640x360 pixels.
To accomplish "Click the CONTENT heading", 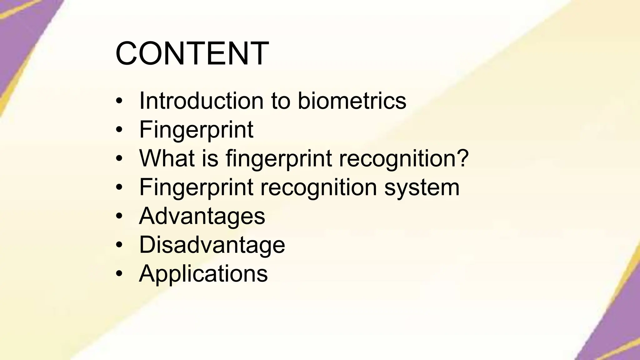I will tap(192, 54).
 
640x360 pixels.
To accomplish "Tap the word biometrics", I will tap(352, 101).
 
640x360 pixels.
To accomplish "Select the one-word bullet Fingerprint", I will tap(196, 130).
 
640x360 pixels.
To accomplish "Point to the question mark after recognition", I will tap(462, 158).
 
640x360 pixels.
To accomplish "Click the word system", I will tap(422, 187).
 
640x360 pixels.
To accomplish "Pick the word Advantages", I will tap(202, 216).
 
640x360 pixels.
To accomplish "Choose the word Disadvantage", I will tap(212, 245).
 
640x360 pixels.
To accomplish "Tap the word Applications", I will tap(203, 273).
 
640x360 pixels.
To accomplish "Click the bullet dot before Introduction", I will tap(119, 101).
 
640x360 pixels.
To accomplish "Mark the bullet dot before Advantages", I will tap(119, 216).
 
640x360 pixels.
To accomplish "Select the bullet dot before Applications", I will tap(119, 274).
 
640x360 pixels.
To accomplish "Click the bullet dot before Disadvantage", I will tap(119, 245).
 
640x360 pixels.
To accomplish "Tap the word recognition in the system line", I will tap(318, 187).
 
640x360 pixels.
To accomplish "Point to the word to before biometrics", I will tap(281, 101).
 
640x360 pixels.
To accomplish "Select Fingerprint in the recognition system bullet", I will tap(196, 187).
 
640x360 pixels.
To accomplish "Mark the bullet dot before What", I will tap(119, 159).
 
